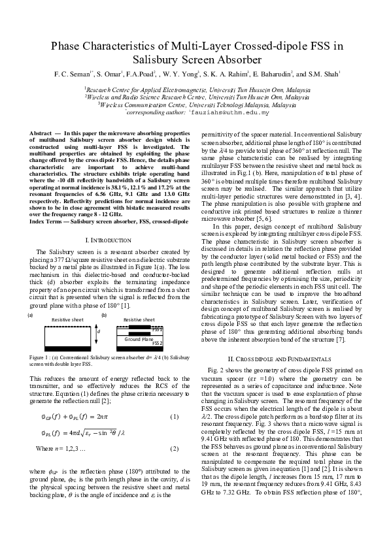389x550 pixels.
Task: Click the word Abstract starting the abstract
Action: (41, 133)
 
